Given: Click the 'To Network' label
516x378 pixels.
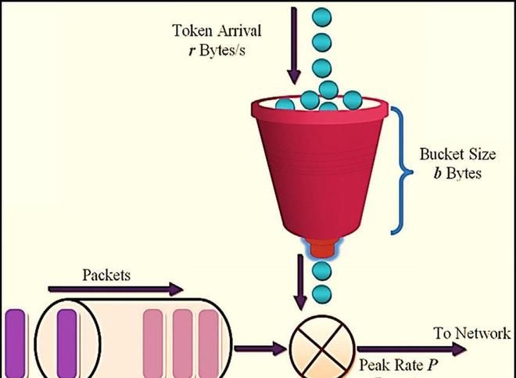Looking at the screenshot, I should (472, 333).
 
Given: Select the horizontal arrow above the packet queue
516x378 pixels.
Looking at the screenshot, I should (115, 290).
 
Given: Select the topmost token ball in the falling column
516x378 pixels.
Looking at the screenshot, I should (321, 16).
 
